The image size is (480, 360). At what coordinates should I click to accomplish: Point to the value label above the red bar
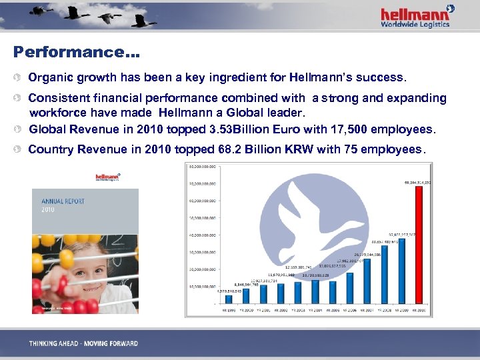[419, 181]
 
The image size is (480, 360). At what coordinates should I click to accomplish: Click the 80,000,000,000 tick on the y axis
[203, 166]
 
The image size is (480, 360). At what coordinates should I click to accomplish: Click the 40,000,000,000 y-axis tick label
[203, 235]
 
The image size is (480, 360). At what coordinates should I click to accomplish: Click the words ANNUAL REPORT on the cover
[63, 201]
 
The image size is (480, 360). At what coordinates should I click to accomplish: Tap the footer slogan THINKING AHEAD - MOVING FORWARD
[83, 343]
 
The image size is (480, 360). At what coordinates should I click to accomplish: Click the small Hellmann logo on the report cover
[107, 178]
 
